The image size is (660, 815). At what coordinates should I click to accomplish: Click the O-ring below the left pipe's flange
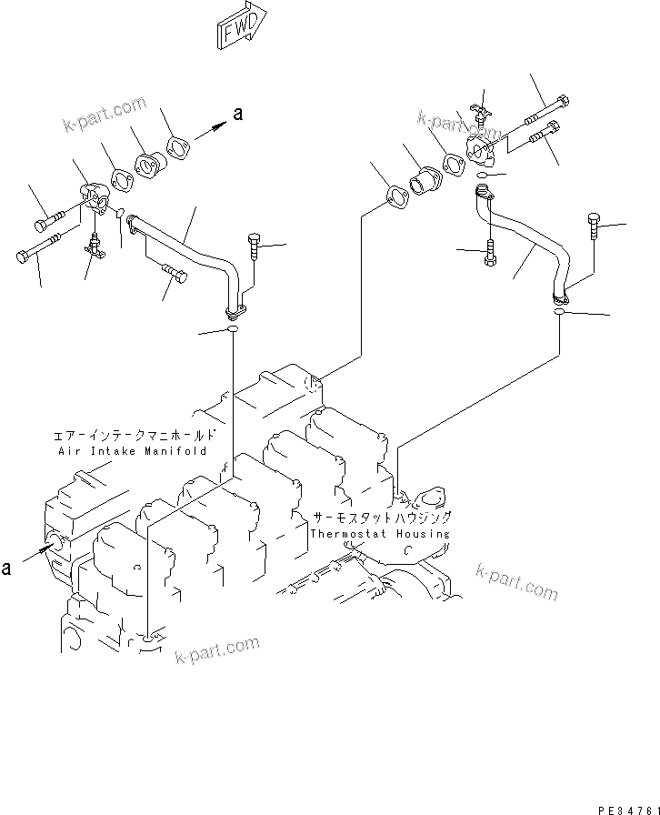233,329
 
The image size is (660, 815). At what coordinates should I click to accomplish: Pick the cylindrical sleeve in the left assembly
147,167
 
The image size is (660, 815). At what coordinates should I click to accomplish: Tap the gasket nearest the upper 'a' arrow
178,148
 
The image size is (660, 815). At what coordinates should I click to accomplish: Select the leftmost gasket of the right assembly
395,196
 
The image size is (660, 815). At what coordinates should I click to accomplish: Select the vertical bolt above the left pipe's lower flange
254,248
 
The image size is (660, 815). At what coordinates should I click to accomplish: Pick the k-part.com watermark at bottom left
215,653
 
